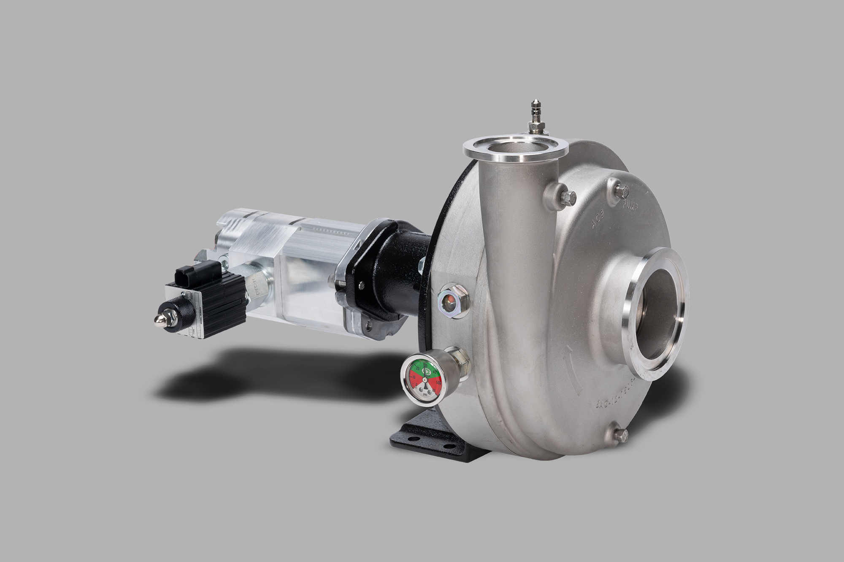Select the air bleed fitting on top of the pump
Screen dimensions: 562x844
pos(537,121)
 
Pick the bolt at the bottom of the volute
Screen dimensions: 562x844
pos(620,435)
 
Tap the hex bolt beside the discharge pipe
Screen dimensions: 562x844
pos(569,197)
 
